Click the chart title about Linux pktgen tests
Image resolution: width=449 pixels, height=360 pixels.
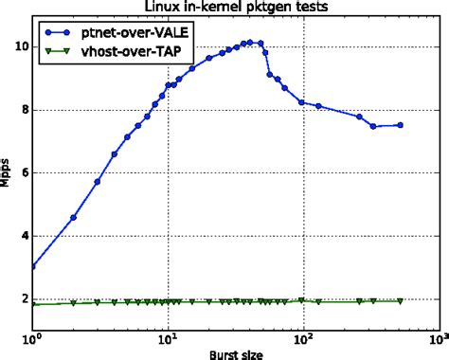point(234,8)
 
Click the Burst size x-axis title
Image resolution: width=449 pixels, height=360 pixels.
point(234,352)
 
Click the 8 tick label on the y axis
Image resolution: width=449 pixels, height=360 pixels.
point(22,110)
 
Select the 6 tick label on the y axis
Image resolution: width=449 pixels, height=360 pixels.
point(22,172)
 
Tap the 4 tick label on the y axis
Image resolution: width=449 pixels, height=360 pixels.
point(22,236)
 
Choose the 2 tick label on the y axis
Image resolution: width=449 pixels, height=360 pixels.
point(22,298)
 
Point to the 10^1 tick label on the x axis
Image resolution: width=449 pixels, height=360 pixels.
point(168,337)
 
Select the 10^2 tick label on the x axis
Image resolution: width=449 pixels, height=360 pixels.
point(302,337)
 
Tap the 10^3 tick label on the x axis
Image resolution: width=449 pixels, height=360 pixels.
point(437,337)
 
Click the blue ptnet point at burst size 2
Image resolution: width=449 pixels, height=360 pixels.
point(73,217)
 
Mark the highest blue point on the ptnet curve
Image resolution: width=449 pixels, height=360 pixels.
point(248,42)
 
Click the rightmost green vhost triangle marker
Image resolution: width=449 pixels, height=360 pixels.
point(400,301)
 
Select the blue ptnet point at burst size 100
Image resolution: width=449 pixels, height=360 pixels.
point(302,102)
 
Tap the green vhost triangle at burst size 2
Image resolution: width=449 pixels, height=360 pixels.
point(73,303)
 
